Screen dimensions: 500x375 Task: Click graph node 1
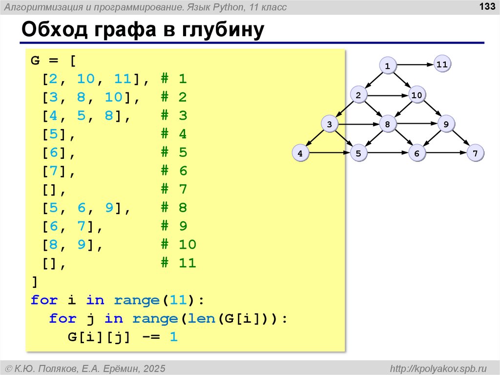click(x=387, y=66)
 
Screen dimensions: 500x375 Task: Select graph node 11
click(x=442, y=64)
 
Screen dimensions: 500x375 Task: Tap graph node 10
click(x=416, y=95)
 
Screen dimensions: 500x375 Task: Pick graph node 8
click(x=387, y=124)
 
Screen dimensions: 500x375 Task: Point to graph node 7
click(x=475, y=154)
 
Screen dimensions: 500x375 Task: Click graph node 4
click(x=300, y=154)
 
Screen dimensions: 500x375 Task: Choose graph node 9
click(x=446, y=124)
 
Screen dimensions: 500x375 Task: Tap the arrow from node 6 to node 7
click(x=446, y=154)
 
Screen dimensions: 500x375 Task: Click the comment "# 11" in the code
click(x=178, y=263)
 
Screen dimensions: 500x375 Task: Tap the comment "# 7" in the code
click(x=174, y=189)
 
